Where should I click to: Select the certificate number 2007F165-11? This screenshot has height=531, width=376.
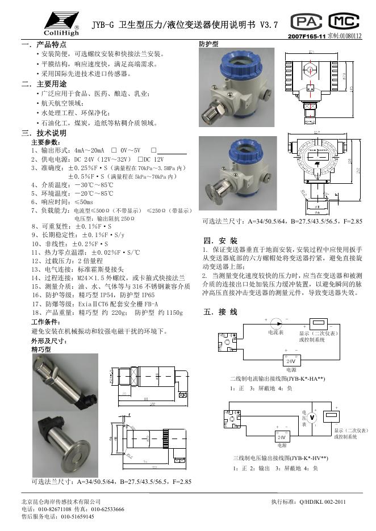click(307, 36)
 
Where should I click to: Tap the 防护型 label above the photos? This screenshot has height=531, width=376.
click(208, 44)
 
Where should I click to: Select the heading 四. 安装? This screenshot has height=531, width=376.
click(220, 240)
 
